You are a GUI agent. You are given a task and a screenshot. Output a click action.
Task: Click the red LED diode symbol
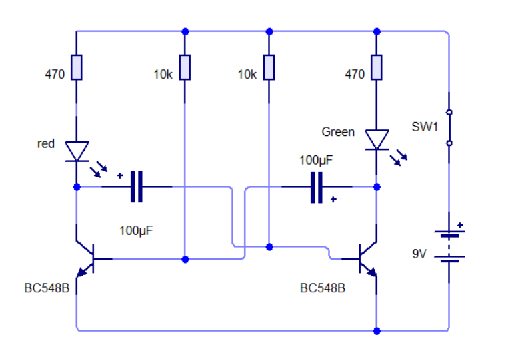(77, 151)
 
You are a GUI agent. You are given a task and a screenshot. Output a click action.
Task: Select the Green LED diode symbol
(377, 140)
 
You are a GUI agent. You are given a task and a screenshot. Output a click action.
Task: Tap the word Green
(338, 132)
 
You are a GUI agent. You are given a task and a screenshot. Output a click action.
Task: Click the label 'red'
(46, 143)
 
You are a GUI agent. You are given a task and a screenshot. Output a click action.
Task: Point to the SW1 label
(425, 127)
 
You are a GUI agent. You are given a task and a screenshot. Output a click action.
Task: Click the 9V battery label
(419, 254)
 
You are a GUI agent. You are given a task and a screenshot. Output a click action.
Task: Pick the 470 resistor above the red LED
(77, 67)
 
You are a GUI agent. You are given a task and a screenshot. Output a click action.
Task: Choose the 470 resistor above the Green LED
(377, 67)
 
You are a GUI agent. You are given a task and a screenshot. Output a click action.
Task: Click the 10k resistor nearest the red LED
(185, 67)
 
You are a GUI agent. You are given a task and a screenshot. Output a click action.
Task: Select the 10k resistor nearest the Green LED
(269, 67)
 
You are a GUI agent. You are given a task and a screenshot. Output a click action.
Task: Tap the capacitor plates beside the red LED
(137, 187)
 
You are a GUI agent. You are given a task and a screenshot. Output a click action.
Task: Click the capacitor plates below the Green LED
(317, 187)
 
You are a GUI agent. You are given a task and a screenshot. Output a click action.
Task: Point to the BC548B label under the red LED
(47, 288)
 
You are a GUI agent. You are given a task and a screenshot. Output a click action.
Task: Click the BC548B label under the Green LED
(323, 288)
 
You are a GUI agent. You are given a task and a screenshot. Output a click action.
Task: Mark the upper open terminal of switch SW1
(449, 113)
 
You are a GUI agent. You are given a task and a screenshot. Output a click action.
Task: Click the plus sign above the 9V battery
(460, 225)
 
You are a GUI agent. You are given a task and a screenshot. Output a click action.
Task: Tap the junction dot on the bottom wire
(377, 331)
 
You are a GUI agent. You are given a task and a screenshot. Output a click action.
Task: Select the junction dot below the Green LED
(377, 187)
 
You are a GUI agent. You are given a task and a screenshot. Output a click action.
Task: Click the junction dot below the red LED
(77, 187)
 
